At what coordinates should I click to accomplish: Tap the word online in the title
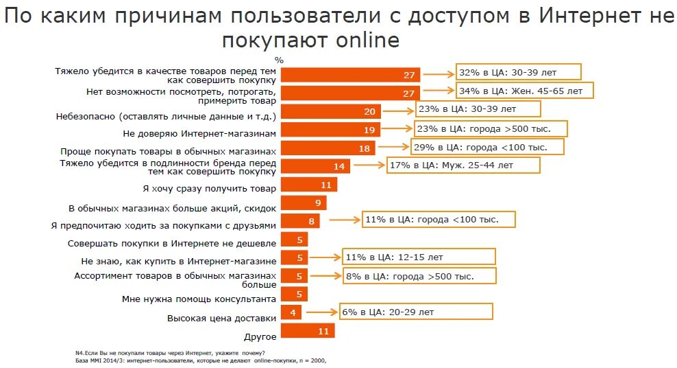[367, 41]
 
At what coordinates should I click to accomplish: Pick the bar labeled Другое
[308, 331]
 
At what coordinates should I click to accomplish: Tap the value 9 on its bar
[318, 203]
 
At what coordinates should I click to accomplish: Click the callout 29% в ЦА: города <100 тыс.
[488, 147]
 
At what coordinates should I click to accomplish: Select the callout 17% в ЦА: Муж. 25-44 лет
[463, 165]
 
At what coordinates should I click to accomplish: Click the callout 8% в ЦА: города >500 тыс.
[419, 276]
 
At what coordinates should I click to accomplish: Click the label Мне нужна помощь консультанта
[199, 299]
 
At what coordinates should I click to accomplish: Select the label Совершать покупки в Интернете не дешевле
[172, 243]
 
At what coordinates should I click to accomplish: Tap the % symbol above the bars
[278, 60]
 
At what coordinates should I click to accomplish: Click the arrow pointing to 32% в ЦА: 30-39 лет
[439, 72]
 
